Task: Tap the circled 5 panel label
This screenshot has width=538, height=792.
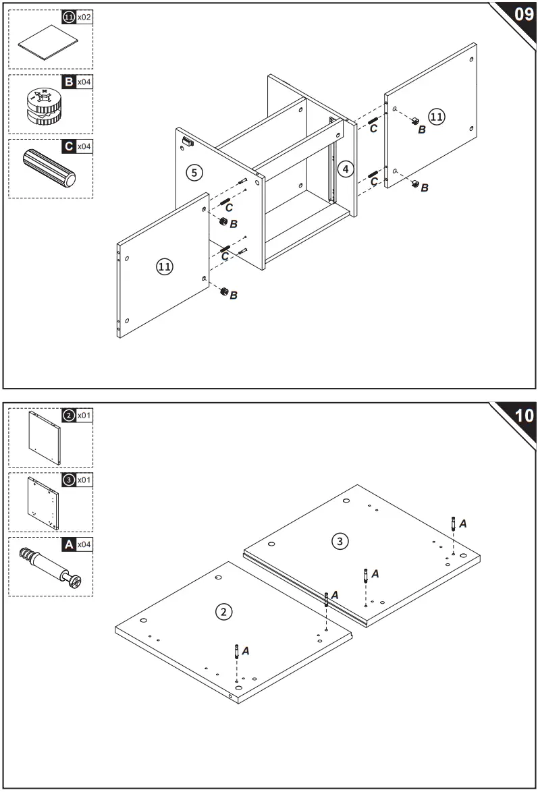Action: [194, 173]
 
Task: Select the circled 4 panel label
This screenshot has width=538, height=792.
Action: [346, 169]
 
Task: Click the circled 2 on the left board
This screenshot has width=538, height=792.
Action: [223, 612]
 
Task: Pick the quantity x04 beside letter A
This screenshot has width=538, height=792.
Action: [84, 544]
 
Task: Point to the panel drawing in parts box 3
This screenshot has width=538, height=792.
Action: [43, 503]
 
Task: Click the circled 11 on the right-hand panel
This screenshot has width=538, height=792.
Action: [437, 117]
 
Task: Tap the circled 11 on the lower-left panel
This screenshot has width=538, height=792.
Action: [164, 267]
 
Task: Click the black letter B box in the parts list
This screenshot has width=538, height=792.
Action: [68, 82]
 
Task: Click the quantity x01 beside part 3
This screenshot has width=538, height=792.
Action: [84, 480]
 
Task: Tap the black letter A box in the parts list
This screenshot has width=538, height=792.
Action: [68, 544]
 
